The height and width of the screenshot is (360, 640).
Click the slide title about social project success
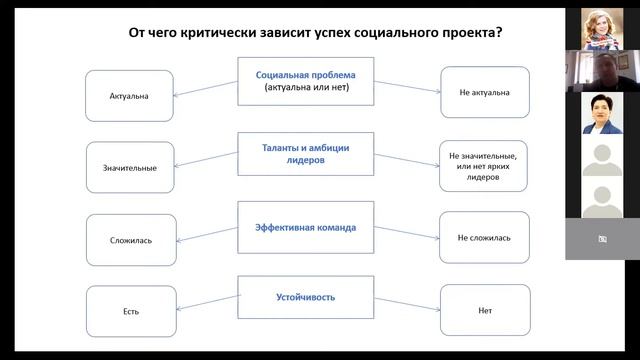click(x=315, y=33)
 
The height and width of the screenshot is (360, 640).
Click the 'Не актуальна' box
click(x=483, y=93)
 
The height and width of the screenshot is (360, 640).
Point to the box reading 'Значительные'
click(x=130, y=167)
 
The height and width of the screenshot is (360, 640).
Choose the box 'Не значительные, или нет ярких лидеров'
click(x=483, y=166)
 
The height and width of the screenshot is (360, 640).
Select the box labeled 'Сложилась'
click(x=130, y=240)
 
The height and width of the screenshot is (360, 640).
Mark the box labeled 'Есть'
click(x=130, y=311)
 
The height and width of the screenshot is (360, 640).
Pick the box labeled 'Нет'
click(x=483, y=311)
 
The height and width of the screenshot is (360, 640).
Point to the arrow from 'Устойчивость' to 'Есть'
click(x=205, y=305)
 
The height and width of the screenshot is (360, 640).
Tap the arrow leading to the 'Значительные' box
click(x=205, y=161)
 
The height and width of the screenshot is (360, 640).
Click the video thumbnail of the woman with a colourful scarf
click(x=602, y=28)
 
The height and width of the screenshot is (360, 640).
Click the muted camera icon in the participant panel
click(x=602, y=239)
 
